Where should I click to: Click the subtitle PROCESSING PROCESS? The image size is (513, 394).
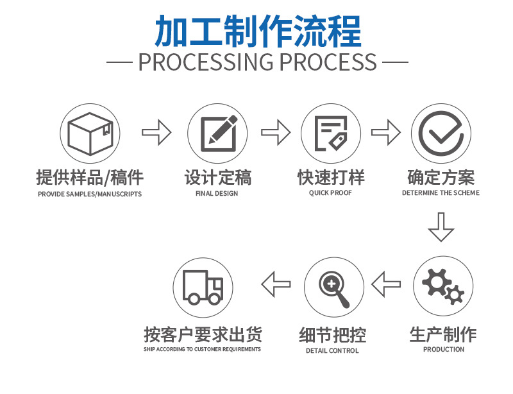(257, 62)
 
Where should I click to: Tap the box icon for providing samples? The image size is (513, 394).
(90, 133)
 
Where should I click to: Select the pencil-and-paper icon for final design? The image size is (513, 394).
(217, 133)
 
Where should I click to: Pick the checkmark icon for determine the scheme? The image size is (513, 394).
(441, 133)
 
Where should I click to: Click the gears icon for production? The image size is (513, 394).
(443, 286)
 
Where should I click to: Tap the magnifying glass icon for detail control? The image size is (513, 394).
(333, 286)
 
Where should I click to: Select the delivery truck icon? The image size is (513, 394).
(203, 286)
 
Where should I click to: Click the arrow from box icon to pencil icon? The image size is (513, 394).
(156, 133)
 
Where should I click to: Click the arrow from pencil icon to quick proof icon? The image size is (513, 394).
(275, 133)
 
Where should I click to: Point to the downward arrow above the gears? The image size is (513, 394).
(441, 228)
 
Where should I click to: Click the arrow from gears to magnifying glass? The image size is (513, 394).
(387, 284)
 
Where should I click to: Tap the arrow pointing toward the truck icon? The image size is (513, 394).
(276, 284)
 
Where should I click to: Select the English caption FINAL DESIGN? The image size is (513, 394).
(217, 193)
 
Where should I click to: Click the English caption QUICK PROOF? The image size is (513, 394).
(330, 193)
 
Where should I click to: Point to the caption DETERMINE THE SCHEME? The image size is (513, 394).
(441, 193)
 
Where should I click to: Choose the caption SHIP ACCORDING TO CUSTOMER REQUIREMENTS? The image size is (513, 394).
(202, 349)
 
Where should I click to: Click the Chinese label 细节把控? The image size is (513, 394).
(332, 334)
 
